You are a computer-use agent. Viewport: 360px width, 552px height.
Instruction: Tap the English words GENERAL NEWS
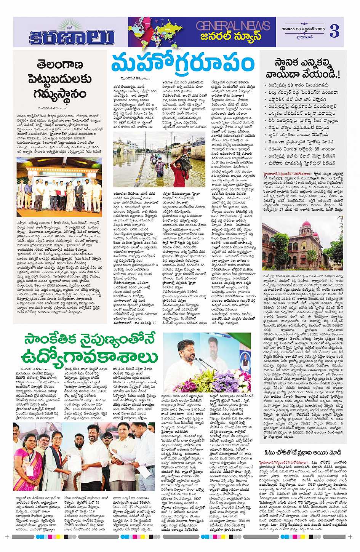pos(233,26)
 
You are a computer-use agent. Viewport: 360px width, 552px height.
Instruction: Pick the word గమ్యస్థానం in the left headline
pos(59,93)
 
